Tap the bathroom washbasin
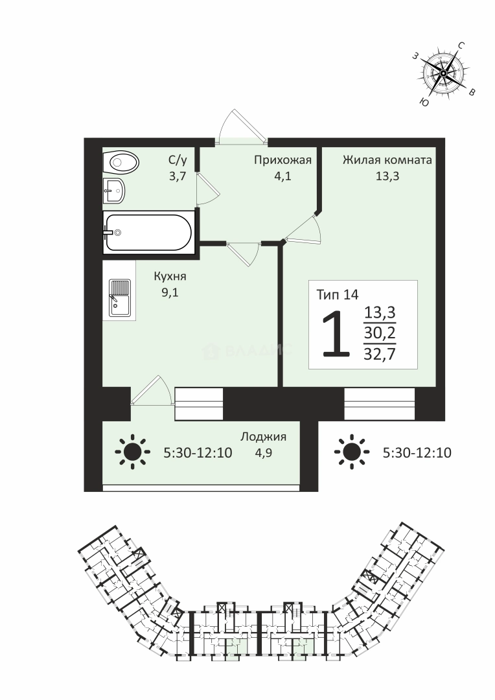click(114, 191)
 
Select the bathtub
click(148, 231)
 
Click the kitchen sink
click(120, 297)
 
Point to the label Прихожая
click(282, 160)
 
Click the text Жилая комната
click(387, 160)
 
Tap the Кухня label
click(170, 277)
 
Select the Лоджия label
click(263, 437)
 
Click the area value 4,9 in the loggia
click(263, 453)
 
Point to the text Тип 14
click(338, 295)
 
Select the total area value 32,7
click(380, 354)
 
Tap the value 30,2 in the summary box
click(380, 332)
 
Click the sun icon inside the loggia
click(132, 452)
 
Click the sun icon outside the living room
click(352, 452)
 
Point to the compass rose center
click(443, 73)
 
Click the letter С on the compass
click(461, 45)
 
